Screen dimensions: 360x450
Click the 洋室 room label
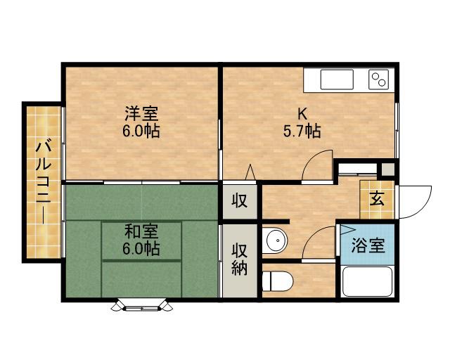coord(142,114)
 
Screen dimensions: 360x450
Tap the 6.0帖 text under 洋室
coord(142,131)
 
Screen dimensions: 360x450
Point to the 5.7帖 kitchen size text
coord(302,131)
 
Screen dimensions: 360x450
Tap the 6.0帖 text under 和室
coord(142,248)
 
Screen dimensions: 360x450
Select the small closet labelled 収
coord(240,201)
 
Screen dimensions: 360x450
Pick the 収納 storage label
coord(240,259)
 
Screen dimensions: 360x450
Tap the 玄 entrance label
coord(378,199)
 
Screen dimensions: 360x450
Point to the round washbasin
coord(277,242)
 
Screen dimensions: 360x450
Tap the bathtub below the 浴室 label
coord(367,283)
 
